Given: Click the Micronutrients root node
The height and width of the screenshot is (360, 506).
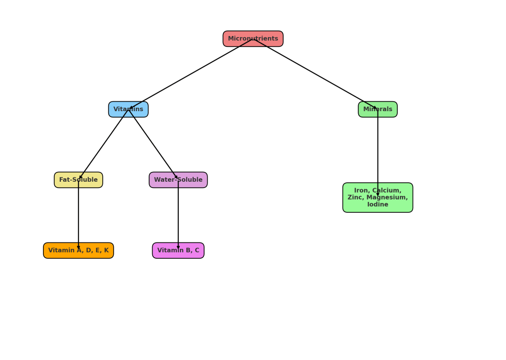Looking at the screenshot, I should (253, 39).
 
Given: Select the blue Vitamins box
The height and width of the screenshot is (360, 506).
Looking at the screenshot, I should (128, 109).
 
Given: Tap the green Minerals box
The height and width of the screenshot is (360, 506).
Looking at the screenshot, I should (378, 109).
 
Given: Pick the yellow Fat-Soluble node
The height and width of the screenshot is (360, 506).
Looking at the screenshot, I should (79, 180).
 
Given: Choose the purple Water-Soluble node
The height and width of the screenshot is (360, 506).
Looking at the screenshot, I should (178, 180).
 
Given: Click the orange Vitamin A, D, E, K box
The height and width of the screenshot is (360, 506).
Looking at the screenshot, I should (79, 250).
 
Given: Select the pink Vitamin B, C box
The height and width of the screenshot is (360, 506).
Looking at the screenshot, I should (178, 250).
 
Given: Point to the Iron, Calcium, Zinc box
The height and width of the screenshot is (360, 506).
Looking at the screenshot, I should (378, 198).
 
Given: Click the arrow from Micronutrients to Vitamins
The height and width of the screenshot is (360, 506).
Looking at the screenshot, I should (191, 74).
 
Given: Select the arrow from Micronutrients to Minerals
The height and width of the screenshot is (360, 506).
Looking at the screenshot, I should (315, 74).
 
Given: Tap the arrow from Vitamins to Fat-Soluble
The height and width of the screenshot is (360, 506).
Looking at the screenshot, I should (103, 145).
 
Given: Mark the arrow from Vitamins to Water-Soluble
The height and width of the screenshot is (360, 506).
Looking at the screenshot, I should (153, 145).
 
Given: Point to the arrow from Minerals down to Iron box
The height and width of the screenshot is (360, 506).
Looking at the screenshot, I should (378, 148).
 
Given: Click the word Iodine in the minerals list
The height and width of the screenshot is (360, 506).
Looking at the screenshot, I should (378, 204).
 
